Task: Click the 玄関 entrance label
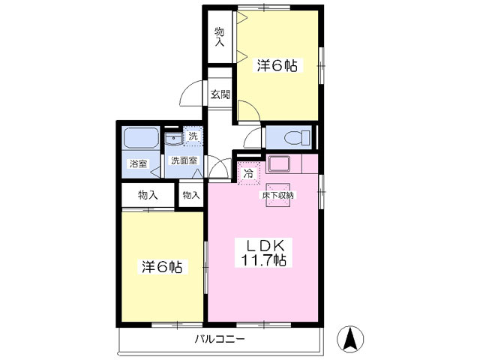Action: pos(220,94)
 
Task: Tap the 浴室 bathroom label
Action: pos(137,163)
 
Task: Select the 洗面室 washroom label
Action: pos(184,160)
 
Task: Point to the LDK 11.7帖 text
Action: pos(262,253)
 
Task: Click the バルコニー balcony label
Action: pos(220,339)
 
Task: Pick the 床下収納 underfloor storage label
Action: pos(278,195)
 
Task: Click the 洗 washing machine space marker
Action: pos(193,136)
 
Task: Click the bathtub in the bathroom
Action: pos(140,139)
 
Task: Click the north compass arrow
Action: pos(349,339)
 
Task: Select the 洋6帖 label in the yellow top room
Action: pos(277,66)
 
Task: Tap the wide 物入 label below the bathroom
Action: pos(148,195)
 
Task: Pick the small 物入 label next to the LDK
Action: pos(191,195)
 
